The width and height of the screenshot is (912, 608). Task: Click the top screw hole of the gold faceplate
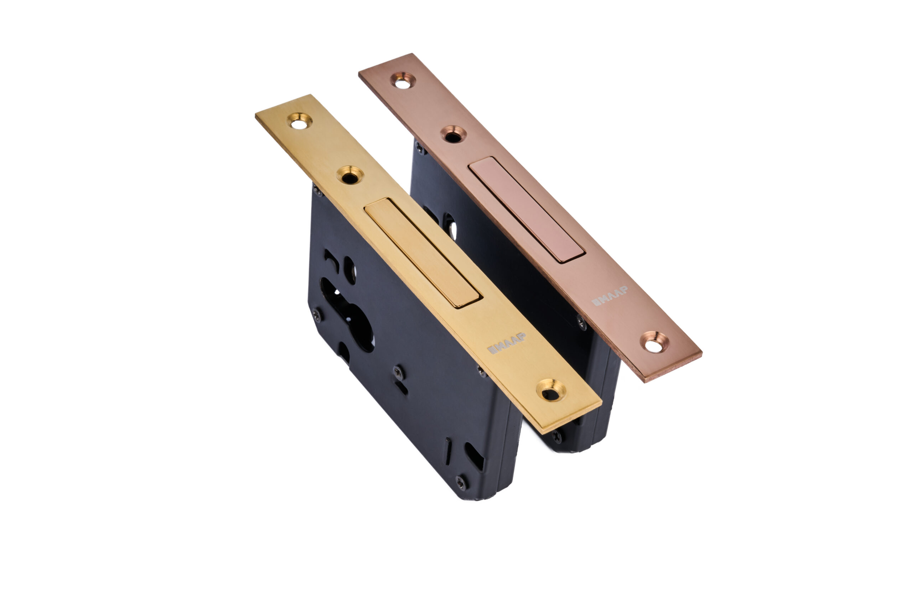tap(300, 121)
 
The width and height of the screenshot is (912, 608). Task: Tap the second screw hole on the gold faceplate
tap(350, 175)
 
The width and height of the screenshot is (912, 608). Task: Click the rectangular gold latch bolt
tap(423, 253)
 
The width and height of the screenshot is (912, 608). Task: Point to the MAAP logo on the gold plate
tap(506, 343)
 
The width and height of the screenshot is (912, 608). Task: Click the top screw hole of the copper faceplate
tap(403, 80)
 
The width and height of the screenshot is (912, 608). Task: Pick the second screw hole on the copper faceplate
tap(453, 134)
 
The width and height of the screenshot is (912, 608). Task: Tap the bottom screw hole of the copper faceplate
tap(654, 342)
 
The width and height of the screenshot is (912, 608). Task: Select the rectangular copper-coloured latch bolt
tap(527, 210)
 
